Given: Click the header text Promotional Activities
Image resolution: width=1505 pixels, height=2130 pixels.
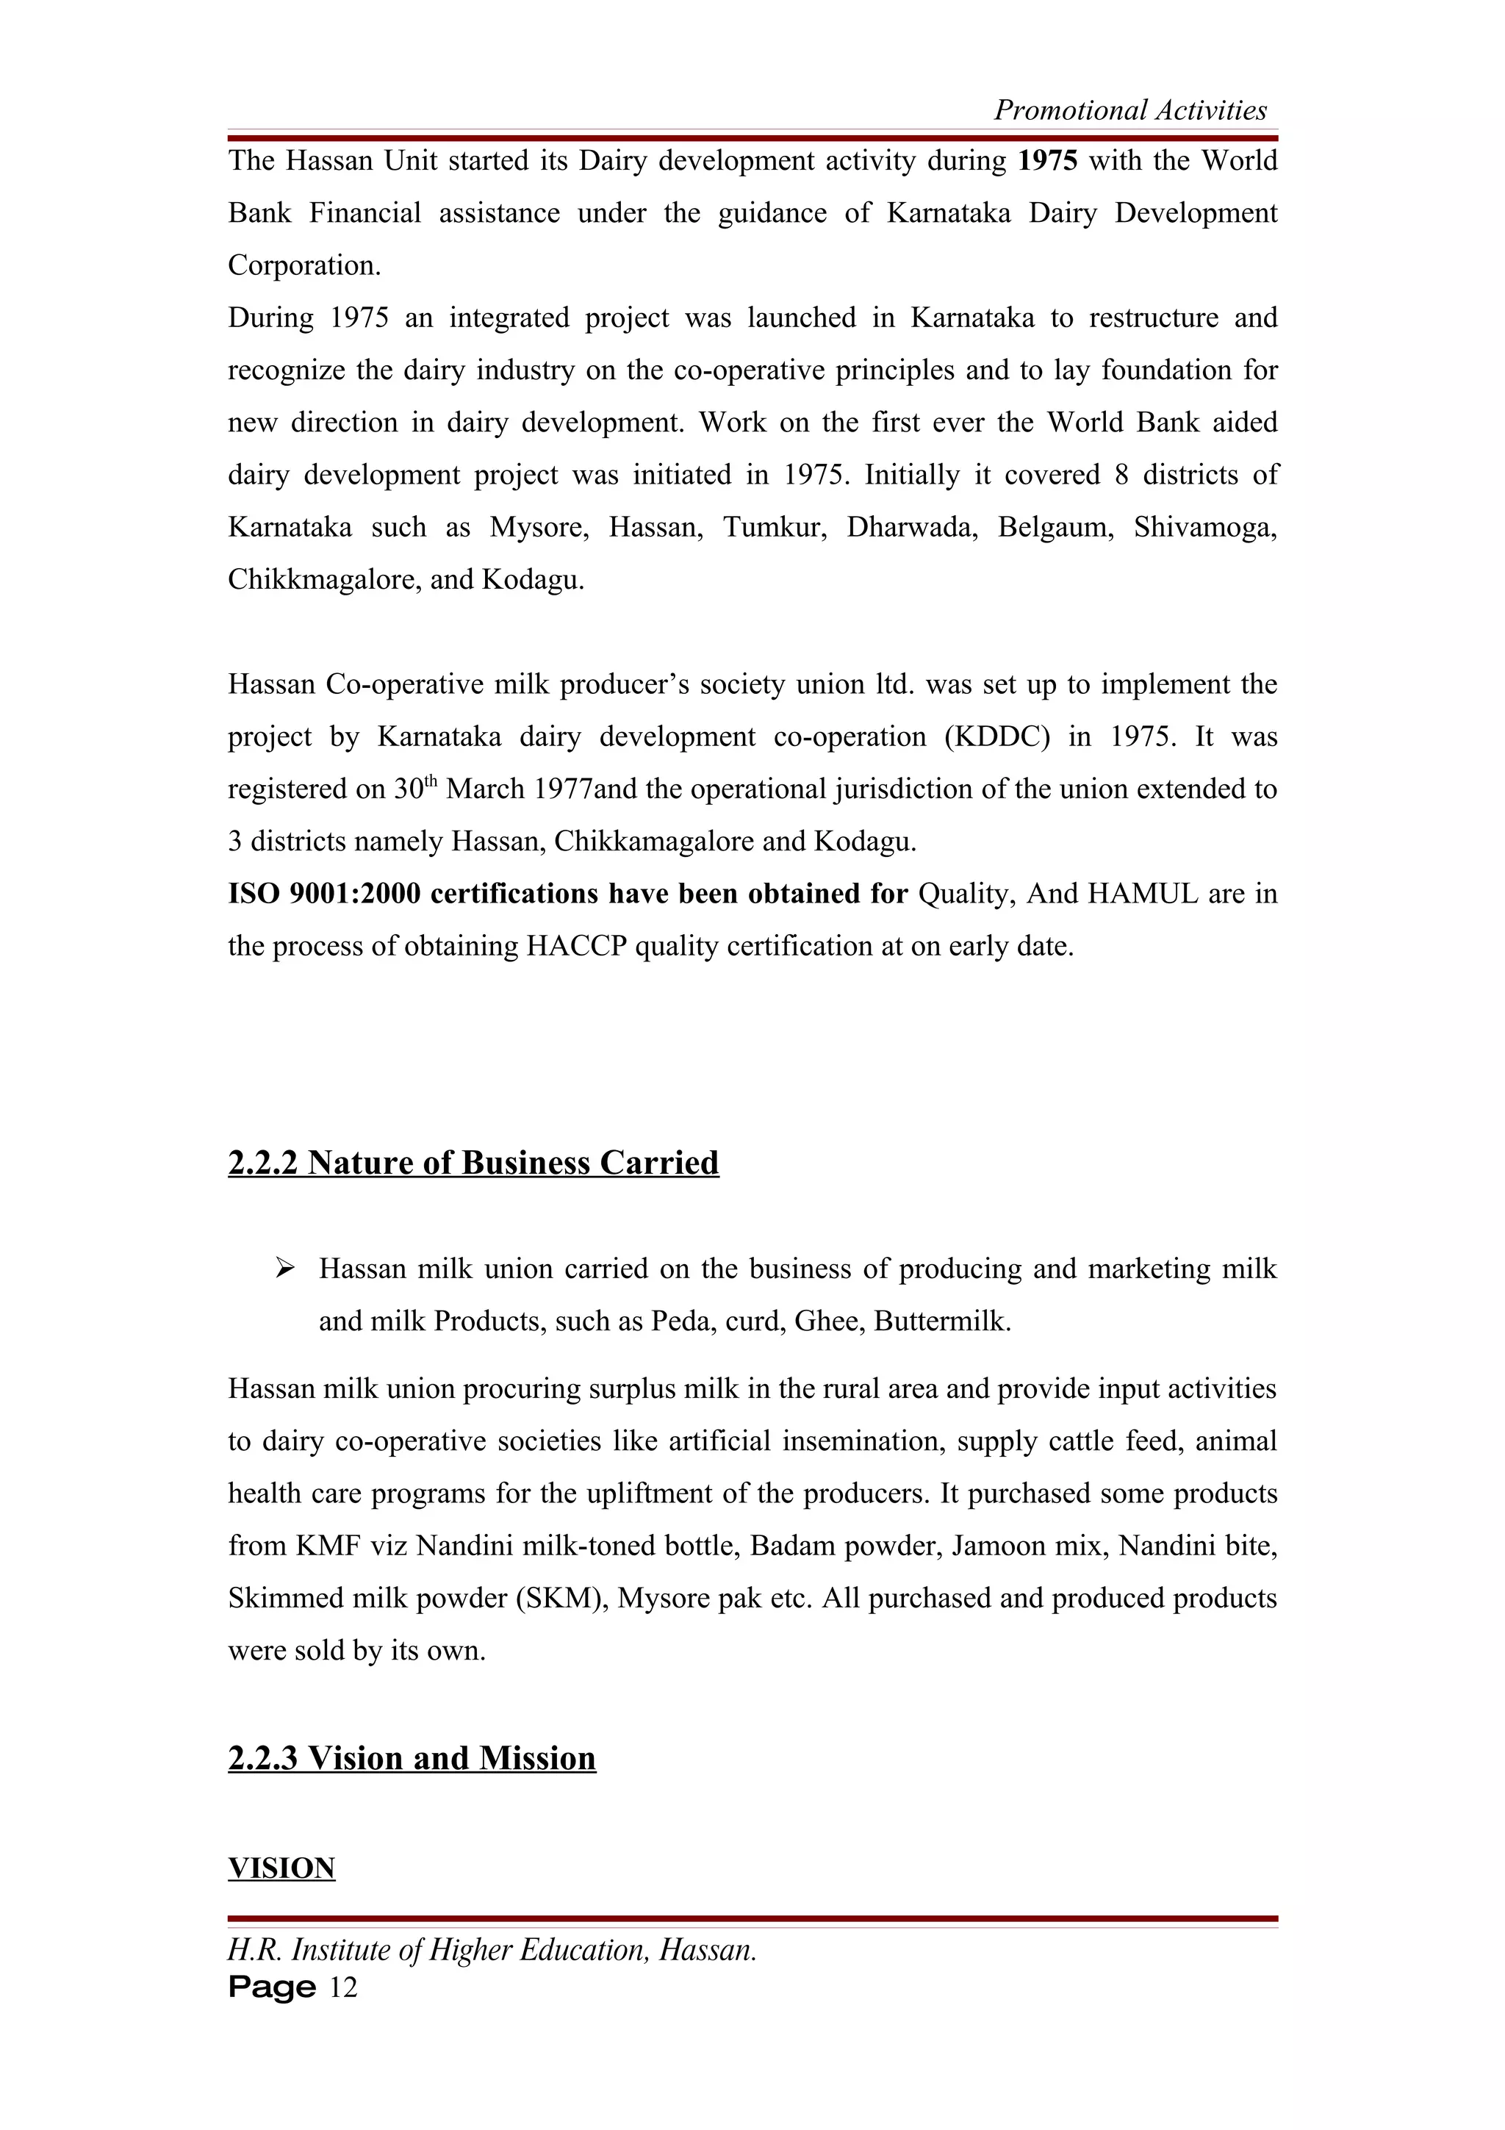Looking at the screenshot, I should point(1129,110).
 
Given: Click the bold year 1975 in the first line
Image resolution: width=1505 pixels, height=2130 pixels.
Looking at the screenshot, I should point(1047,160).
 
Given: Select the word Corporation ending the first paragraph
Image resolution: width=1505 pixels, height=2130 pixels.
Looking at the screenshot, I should point(303,265).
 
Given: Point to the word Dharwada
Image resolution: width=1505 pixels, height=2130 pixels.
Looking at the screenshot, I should point(911,527).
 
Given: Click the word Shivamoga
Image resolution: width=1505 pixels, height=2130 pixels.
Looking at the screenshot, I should point(1204,527).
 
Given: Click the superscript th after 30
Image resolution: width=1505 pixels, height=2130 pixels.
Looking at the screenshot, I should point(431,781).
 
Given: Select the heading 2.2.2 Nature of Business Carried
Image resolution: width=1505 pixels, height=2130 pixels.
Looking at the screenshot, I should point(473,1163).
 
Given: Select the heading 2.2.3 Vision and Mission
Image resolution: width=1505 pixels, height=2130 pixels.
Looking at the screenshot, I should point(412,1758).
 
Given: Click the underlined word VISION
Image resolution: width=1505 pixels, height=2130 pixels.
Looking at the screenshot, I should point(281,1868).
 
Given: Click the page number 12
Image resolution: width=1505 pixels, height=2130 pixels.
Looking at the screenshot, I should point(343,1987).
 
